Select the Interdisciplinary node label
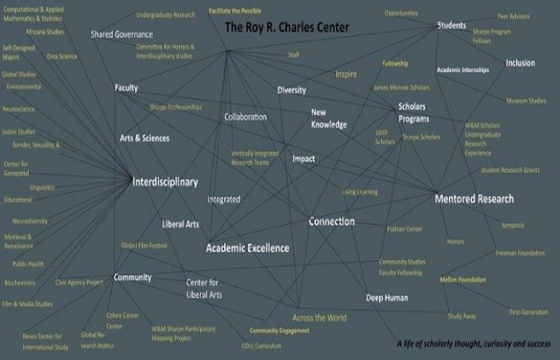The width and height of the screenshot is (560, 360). point(165,182)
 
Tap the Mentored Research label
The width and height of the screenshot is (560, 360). point(474,198)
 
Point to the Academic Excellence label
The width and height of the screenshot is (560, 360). point(247,248)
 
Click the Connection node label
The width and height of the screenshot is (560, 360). point(331,222)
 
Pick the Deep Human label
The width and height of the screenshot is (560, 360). point(387,298)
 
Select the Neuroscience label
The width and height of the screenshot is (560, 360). point(19,108)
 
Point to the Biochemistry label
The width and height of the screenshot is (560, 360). point(19,282)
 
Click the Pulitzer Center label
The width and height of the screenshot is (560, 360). point(404,229)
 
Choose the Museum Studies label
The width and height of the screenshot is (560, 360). point(526,101)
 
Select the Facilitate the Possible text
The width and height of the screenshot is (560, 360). point(236,11)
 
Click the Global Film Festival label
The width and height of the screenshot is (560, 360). point(144,246)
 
